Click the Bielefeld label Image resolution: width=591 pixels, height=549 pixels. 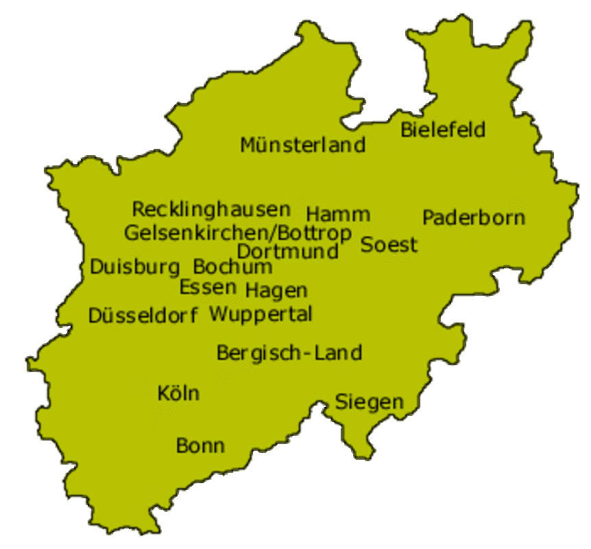click(x=443, y=129)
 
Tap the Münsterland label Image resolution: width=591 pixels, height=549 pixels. click(x=302, y=145)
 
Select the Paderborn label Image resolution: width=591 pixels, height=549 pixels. click(x=473, y=218)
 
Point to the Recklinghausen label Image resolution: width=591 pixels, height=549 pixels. click(x=211, y=209)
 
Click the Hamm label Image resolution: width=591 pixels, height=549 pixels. click(x=338, y=213)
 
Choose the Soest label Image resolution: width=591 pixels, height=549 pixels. click(x=389, y=244)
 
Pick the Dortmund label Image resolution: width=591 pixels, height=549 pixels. click(x=288, y=251)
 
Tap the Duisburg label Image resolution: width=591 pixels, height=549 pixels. click(x=135, y=267)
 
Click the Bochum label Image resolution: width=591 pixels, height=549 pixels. click(x=232, y=266)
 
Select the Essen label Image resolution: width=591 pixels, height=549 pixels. click(x=208, y=287)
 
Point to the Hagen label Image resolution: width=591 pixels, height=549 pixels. click(x=276, y=291)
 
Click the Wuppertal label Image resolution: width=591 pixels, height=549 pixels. click(x=261, y=314)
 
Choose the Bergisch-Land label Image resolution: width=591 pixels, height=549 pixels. click(x=289, y=353)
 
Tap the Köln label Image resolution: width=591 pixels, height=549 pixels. click(x=178, y=393)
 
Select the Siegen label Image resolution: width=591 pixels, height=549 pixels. click(x=369, y=402)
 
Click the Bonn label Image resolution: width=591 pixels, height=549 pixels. click(x=200, y=445)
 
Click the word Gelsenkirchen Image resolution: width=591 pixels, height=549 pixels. click(x=195, y=233)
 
